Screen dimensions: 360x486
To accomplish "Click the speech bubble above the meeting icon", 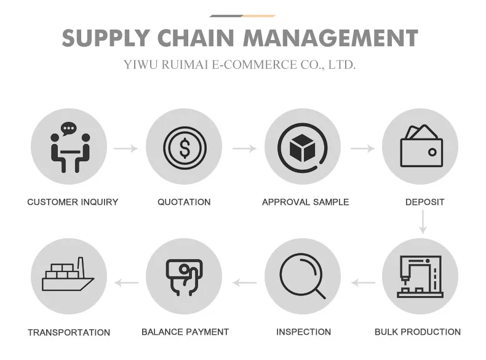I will [69, 129].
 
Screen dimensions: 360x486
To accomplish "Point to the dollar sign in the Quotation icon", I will [185, 148].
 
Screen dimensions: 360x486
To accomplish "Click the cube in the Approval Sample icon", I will [301, 148].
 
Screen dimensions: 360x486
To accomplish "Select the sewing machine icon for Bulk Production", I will [420, 276].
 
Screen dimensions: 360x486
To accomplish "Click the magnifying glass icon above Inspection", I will [301, 276].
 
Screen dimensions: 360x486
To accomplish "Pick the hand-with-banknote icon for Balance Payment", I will [184, 277].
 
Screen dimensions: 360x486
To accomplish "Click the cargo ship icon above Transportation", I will [68, 276].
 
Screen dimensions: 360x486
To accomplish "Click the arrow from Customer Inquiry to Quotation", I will [126, 148].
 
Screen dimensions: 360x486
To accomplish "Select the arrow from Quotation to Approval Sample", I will [244, 148].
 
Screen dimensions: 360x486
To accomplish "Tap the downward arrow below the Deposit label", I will [423, 222].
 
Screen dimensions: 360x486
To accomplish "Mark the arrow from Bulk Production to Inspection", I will [363, 283].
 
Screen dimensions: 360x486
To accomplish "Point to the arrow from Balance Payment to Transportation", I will [127, 283].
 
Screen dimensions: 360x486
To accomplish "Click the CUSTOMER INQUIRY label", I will [73, 202].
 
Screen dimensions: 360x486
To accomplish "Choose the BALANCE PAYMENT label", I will [185, 332].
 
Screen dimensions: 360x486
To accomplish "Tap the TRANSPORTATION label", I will [69, 332].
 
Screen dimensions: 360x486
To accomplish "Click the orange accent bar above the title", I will [258, 15].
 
